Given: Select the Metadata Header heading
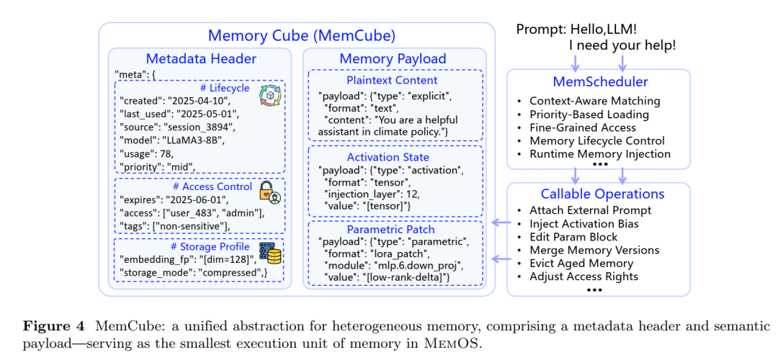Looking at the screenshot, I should click(x=201, y=58).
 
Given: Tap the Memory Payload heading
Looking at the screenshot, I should click(x=393, y=58).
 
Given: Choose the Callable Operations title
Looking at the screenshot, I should click(x=602, y=194).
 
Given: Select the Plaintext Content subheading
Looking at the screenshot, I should click(x=392, y=80).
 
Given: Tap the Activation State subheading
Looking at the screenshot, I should click(x=393, y=157).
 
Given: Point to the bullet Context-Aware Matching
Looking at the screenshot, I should click(x=594, y=102).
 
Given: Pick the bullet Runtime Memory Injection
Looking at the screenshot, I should click(x=600, y=153).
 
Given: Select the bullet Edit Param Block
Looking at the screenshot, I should click(x=573, y=237).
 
